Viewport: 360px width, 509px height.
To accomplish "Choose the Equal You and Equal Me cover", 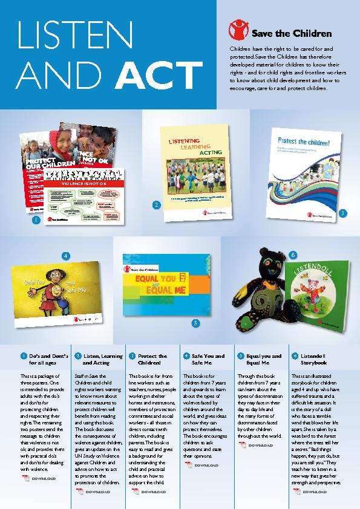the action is pos(166,284).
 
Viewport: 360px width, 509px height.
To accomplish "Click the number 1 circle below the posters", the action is pos(36,221).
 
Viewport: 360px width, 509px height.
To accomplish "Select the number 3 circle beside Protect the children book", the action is pos(342,213).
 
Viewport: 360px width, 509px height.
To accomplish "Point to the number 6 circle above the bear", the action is pos(294,256).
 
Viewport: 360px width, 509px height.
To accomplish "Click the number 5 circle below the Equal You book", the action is pos(195,323).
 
